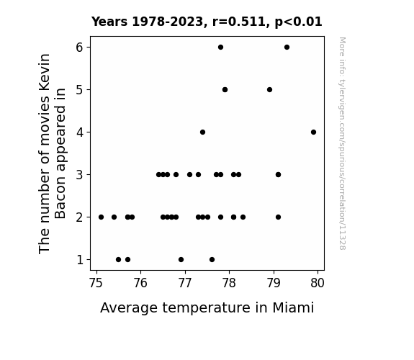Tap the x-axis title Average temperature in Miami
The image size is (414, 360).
207,307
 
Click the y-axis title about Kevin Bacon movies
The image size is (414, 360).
52,153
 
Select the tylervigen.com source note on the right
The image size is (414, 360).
342,143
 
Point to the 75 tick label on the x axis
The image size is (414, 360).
96,283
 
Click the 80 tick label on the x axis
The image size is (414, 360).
318,283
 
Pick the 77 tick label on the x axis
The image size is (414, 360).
185,283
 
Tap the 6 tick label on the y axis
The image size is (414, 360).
79,48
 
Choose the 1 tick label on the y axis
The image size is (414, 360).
80,260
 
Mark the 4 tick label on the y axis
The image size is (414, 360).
80,132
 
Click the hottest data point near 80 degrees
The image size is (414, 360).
313,132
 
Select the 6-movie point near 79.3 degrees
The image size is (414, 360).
287,48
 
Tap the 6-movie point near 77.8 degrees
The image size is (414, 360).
220,48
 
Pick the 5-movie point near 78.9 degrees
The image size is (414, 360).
269,90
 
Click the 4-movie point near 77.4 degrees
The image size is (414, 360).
202,132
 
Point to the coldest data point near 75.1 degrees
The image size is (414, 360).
101,217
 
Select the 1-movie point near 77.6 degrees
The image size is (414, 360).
212,260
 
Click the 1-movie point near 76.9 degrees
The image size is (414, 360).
181,260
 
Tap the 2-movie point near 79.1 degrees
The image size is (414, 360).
278,217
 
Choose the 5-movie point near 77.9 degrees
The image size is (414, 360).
225,90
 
